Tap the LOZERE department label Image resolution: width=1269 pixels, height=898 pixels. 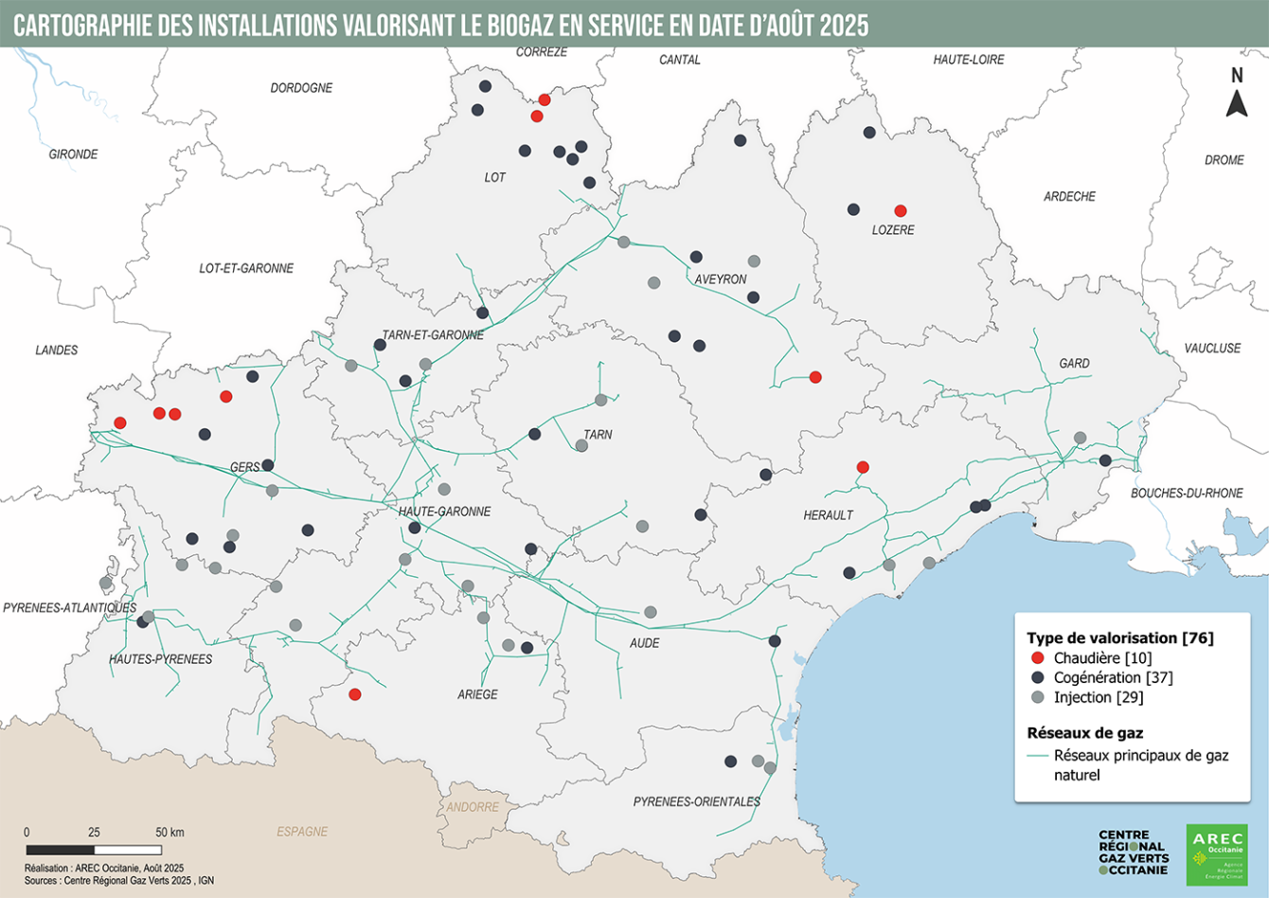point(893,230)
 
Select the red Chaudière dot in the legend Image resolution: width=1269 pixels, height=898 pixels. point(1037,658)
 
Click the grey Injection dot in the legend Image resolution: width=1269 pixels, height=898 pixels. point(1037,697)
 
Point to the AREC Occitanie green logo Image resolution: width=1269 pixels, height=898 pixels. point(1217,854)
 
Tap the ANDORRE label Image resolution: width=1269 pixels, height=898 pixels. point(473,807)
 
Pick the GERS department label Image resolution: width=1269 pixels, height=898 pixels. point(244,467)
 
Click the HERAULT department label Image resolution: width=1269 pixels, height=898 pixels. point(829,515)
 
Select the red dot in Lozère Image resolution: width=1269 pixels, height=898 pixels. point(901,210)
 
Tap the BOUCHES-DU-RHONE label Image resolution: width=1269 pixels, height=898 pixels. point(1187,494)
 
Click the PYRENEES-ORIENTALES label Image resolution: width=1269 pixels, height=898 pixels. point(697,801)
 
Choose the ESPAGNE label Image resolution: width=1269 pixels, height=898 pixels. point(302,832)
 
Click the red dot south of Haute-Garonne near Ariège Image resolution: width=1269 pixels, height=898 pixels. point(355,694)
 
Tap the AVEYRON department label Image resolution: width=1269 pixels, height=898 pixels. point(721,279)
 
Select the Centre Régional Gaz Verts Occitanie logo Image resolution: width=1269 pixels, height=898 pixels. point(1134,853)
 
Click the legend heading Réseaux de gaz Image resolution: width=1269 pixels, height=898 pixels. point(1085,732)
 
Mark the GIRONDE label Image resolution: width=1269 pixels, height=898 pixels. point(73,154)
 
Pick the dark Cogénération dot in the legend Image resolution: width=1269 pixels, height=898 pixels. point(1037,677)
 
